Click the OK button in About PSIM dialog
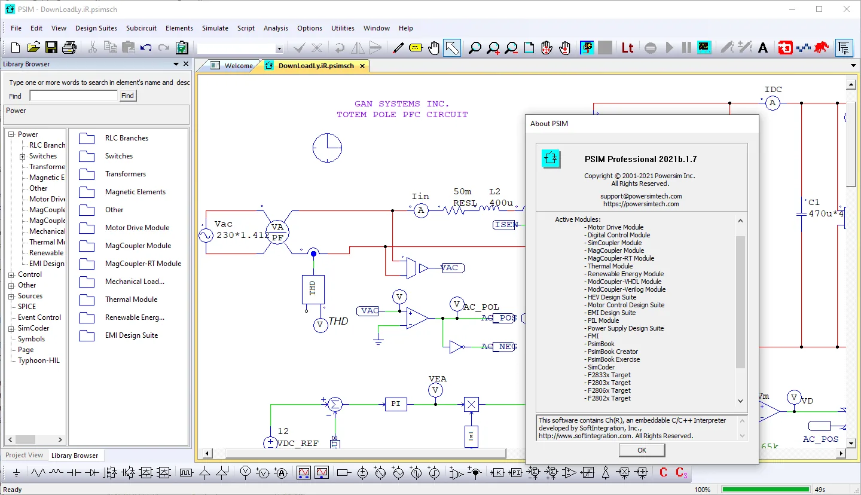[x=642, y=450]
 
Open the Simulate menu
[x=215, y=28]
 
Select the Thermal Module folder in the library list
[x=131, y=300]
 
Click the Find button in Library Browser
[x=127, y=96]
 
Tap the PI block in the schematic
[x=396, y=404]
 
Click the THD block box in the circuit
[x=313, y=289]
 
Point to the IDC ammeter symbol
[x=773, y=103]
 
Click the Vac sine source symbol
[x=206, y=235]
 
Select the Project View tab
[x=24, y=455]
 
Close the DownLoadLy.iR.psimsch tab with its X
[x=362, y=66]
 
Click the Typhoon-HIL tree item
[x=38, y=360]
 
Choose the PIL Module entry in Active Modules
[x=603, y=320]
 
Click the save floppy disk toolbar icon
[x=51, y=48]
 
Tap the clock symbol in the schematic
[x=327, y=148]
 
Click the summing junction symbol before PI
[x=335, y=404]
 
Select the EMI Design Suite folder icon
[x=87, y=335]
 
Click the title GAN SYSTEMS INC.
[x=401, y=104]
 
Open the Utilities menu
[x=343, y=28]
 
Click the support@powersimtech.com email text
[x=641, y=196]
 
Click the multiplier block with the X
[x=471, y=404]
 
